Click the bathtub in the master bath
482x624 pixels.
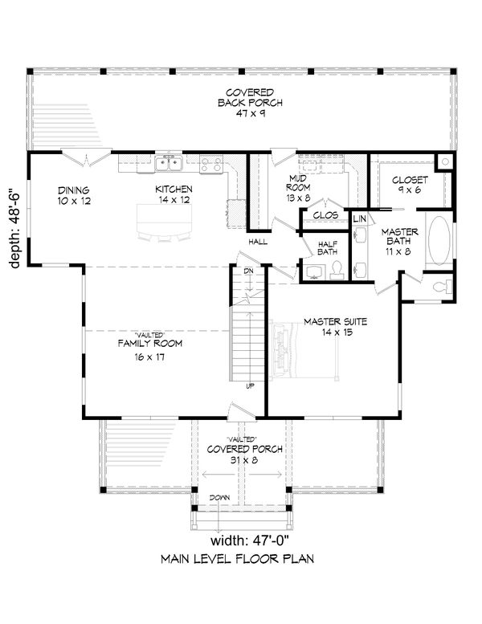[439, 240]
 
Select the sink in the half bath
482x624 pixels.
[314, 271]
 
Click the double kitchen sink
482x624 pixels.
[169, 163]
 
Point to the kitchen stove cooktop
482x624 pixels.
[211, 165]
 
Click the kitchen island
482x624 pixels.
[165, 220]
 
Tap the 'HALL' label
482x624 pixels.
[259, 242]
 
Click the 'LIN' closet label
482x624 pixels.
[359, 218]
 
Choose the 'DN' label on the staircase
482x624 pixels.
[249, 271]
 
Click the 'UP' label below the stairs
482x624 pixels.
[250, 385]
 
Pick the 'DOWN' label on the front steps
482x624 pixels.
[219, 497]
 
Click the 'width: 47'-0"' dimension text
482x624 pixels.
[249, 540]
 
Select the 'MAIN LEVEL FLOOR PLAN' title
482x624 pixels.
[237, 559]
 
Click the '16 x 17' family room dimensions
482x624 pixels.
[149, 357]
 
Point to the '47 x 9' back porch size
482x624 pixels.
[251, 113]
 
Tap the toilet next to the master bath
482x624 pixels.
[442, 286]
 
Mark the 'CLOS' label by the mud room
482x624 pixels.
[325, 215]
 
